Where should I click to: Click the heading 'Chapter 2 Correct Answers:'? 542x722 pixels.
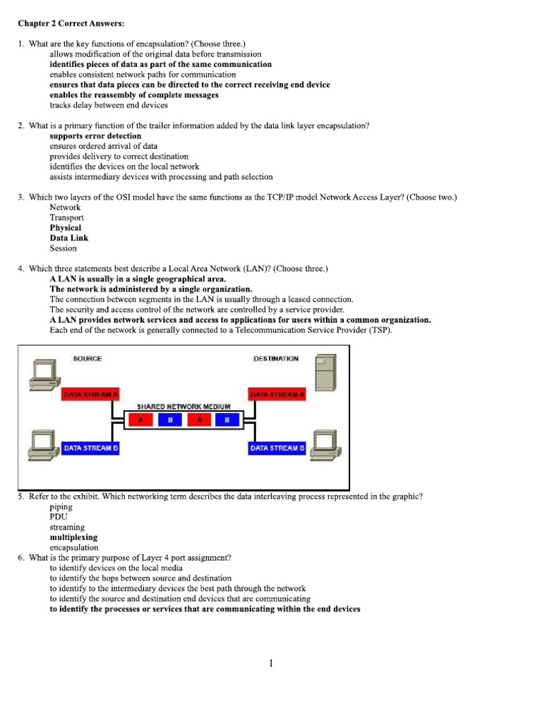click(71, 23)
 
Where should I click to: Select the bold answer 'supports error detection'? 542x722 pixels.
click(95, 136)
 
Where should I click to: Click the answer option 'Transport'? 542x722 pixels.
click(66, 218)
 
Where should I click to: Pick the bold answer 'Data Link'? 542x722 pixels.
click(69, 238)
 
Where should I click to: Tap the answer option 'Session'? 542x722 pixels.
click(64, 248)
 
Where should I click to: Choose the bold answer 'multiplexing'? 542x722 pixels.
click(73, 537)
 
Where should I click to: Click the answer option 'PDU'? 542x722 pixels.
click(59, 517)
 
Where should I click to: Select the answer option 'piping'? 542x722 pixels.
click(61, 507)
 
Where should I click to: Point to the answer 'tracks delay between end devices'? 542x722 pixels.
click(109, 105)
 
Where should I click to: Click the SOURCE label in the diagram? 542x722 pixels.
click(88, 359)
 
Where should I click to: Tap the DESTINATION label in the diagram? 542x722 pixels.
click(275, 359)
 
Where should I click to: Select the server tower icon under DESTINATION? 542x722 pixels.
click(325, 372)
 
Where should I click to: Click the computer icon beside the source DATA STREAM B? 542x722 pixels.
click(41, 443)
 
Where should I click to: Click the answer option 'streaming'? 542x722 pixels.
click(67, 527)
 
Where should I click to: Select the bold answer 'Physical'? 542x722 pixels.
click(66, 228)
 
